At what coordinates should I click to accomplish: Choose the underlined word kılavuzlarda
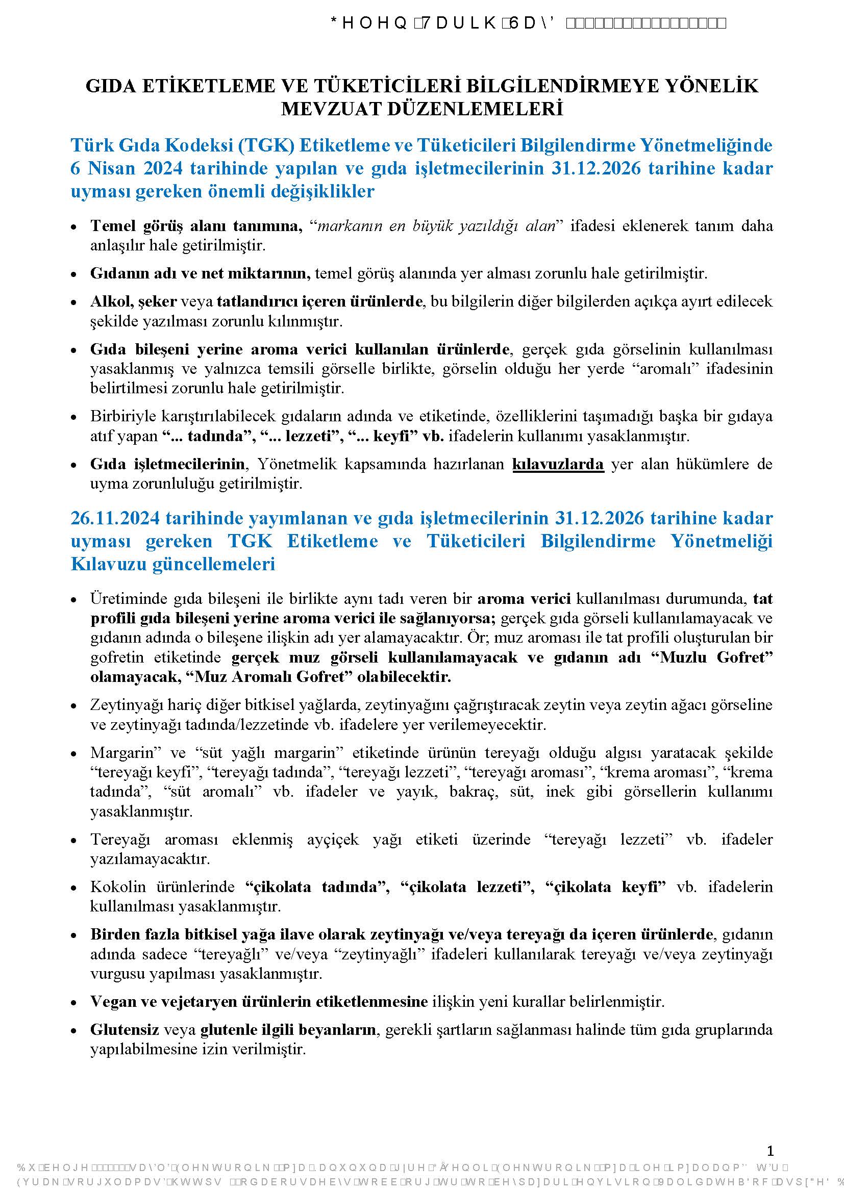(558, 464)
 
